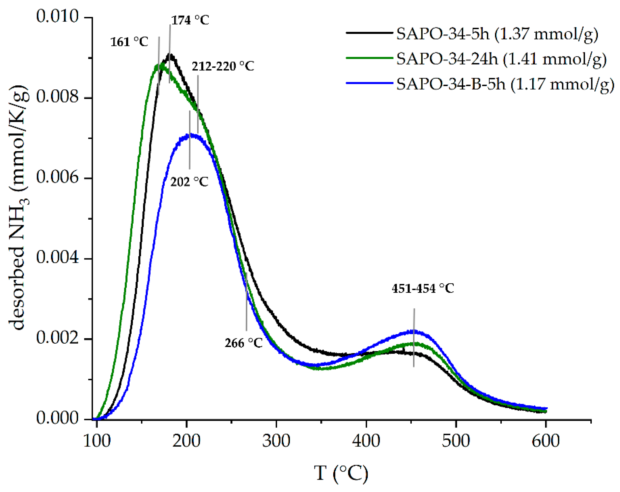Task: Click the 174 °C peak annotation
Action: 190,20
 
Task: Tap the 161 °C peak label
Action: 129,42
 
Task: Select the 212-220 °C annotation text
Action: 223,66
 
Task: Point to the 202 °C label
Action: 189,182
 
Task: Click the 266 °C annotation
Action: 243,343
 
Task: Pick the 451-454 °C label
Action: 422,288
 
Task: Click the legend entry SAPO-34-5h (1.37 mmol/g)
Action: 497,34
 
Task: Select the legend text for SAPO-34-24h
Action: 501,59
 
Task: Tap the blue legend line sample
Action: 369,83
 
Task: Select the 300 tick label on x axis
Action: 276,441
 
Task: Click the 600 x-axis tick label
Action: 546,441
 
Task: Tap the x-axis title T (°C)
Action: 341,473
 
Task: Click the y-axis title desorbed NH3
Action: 19,207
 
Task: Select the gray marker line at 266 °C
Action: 247,302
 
